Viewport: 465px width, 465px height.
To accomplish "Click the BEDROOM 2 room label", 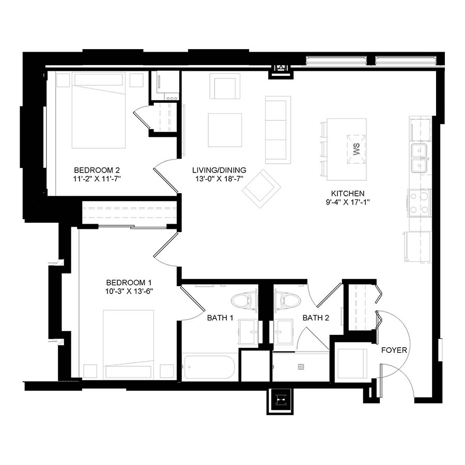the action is (x=97, y=170).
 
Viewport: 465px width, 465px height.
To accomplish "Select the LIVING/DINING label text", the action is (x=219, y=170).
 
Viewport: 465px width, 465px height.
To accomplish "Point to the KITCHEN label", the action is (x=348, y=194).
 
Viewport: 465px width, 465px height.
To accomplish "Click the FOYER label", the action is (x=394, y=350).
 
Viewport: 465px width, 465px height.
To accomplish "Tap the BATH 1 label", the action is (x=220, y=318).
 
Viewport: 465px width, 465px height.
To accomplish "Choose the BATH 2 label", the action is (x=316, y=318).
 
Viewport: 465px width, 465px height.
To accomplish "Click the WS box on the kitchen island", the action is (x=356, y=149).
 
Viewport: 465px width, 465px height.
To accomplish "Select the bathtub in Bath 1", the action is (x=209, y=367).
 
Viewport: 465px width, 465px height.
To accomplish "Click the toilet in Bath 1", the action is (x=244, y=301).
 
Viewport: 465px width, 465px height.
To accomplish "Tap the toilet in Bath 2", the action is (x=287, y=301).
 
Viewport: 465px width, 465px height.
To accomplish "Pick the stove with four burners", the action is (x=420, y=203).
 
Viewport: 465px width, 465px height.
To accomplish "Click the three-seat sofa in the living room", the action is (x=278, y=130).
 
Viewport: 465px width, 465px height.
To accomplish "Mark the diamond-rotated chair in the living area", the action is (x=261, y=189).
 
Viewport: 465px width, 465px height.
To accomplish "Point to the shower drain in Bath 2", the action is (x=301, y=367).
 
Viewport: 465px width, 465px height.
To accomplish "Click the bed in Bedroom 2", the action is (x=99, y=110).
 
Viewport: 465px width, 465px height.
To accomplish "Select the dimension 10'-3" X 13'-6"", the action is (x=129, y=291).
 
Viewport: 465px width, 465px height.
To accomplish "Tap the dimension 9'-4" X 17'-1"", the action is (x=348, y=202).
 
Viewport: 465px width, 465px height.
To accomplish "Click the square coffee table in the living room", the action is (x=225, y=130).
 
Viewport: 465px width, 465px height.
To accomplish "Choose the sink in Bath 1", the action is (x=249, y=332).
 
